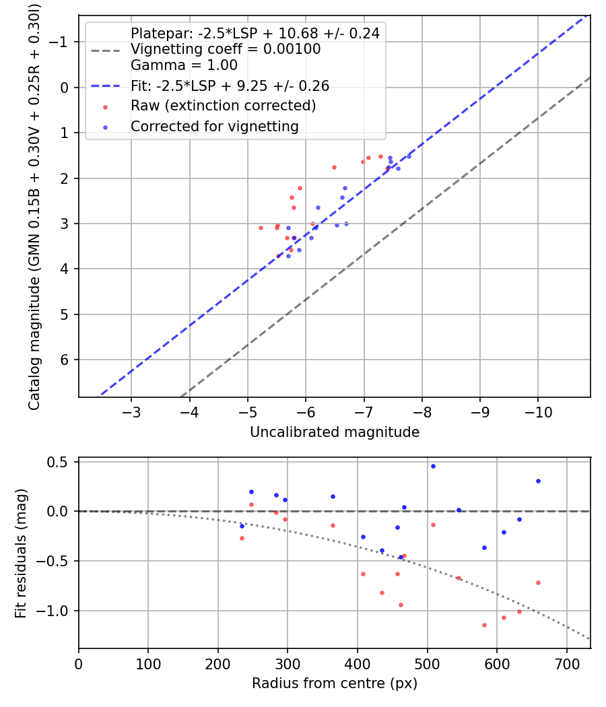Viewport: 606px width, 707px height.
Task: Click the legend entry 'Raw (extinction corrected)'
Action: pyautogui.click(x=223, y=106)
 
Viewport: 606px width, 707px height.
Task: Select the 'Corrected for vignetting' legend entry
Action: pyautogui.click(x=215, y=126)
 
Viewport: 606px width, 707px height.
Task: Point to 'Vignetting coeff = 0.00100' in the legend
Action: pyautogui.click(x=226, y=49)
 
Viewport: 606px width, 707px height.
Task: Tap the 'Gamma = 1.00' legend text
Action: pyautogui.click(x=184, y=65)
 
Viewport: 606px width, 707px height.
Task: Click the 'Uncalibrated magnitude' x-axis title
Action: pyautogui.click(x=335, y=432)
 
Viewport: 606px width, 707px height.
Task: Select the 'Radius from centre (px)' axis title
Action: pyautogui.click(x=335, y=683)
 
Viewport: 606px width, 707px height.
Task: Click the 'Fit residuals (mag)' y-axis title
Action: pyautogui.click(x=21, y=553)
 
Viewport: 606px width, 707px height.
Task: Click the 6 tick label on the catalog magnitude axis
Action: pyautogui.click(x=65, y=360)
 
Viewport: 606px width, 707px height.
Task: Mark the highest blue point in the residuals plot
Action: pyautogui.click(x=433, y=466)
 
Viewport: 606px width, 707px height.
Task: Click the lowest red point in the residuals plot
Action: pyautogui.click(x=484, y=625)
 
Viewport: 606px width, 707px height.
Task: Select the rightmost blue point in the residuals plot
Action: pyautogui.click(x=538, y=481)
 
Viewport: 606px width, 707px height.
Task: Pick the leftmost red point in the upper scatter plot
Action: pyautogui.click(x=261, y=228)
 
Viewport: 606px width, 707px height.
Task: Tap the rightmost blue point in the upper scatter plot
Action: pyautogui.click(x=409, y=156)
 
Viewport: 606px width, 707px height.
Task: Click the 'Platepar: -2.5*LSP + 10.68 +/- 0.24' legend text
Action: pyautogui.click(x=255, y=33)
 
